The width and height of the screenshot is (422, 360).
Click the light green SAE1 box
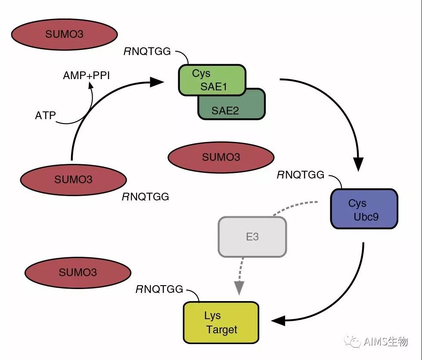point(212,80)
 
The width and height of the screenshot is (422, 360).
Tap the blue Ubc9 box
point(364,209)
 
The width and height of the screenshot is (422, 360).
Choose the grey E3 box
point(252,237)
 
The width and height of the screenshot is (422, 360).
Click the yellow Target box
point(221,323)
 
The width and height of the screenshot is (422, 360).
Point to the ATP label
point(45,115)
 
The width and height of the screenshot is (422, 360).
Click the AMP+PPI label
point(86,76)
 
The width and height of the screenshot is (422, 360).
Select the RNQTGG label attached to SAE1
point(147,52)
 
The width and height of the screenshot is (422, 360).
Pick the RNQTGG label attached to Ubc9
point(300,175)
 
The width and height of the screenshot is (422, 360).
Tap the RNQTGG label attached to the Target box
point(159,289)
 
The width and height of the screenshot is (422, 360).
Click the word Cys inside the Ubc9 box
point(357,203)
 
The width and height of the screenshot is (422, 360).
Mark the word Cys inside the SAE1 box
point(201,74)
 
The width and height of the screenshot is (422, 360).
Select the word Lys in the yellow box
point(212,316)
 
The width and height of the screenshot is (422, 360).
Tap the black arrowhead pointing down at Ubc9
point(358,164)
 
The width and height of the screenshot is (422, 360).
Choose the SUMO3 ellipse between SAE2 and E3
point(221,157)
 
